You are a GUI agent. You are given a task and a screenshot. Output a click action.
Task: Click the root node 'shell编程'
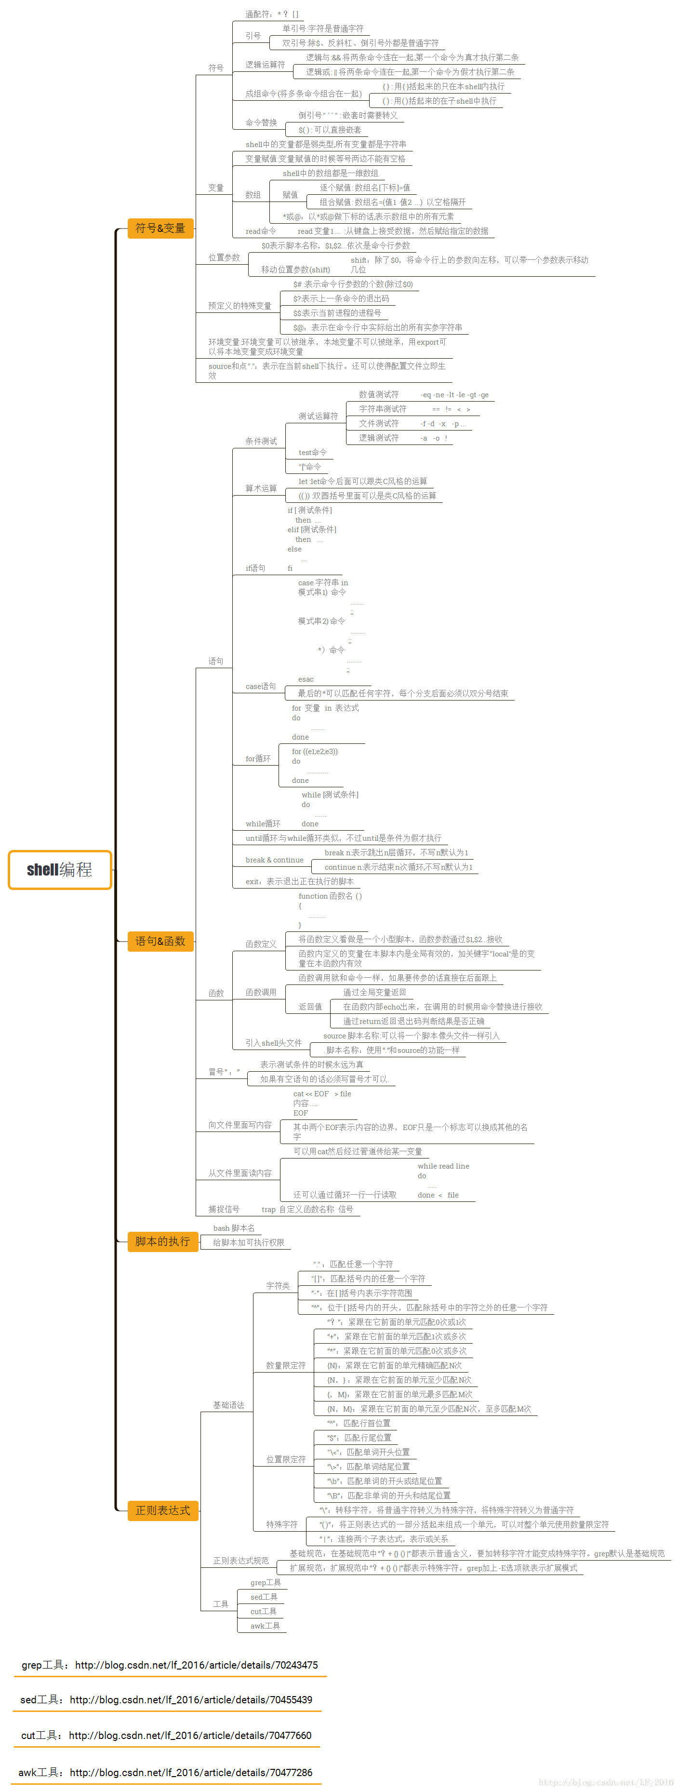click(60, 870)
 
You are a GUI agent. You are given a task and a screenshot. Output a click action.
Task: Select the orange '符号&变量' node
click(160, 228)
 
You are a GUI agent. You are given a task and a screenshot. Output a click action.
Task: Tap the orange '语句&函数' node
click(160, 941)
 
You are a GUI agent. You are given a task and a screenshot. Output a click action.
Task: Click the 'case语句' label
click(260, 686)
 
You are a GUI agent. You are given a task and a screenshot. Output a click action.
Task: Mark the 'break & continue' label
click(274, 860)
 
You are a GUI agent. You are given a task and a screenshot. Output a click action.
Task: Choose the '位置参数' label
click(224, 257)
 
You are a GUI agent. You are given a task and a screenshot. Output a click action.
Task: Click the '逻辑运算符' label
click(265, 65)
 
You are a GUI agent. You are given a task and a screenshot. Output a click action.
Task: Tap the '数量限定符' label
click(285, 1365)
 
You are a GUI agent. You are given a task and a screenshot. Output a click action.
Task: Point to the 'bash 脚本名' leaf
click(234, 1228)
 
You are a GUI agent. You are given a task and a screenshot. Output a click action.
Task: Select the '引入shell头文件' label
click(273, 1043)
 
